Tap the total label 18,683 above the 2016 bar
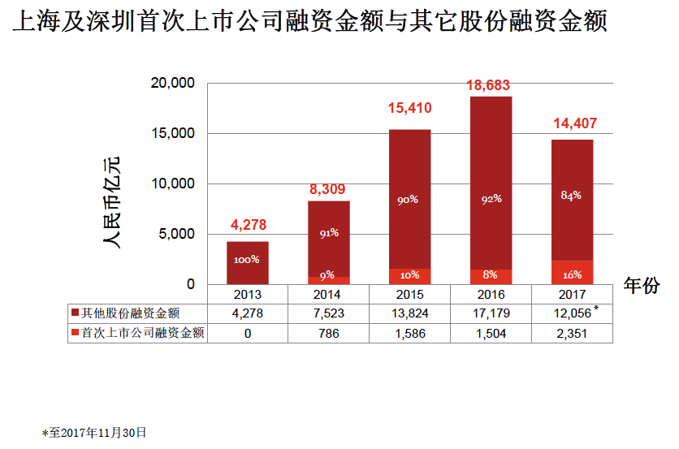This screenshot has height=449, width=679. click(491, 84)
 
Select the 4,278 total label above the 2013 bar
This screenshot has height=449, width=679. click(248, 225)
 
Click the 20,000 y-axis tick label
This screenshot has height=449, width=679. click(173, 83)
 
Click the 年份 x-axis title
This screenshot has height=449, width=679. click(641, 285)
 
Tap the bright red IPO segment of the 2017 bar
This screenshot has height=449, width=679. click(573, 272)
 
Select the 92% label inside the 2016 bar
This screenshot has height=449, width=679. click(491, 198)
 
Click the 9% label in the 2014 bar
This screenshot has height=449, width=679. click(328, 274)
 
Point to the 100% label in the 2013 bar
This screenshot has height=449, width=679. click(247, 259)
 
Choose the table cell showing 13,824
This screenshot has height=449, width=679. click(409, 313)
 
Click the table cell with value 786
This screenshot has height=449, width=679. click(328, 332)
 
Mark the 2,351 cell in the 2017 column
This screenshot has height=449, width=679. click(572, 332)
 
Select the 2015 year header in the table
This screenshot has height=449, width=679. click(409, 294)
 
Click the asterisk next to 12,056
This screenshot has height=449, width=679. click(597, 309)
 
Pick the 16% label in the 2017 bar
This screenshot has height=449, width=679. click(572, 275)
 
